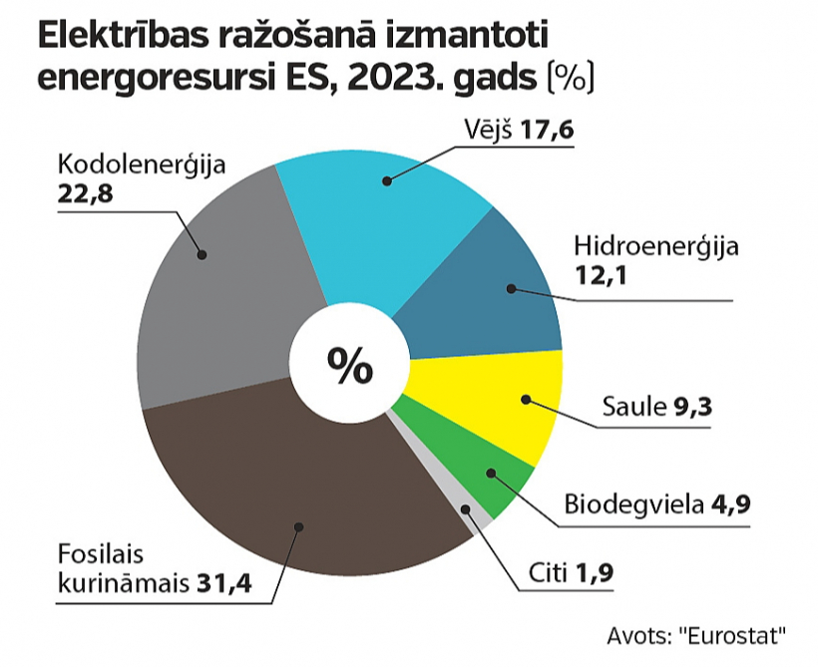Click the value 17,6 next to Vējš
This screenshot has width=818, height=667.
click(551, 132)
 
